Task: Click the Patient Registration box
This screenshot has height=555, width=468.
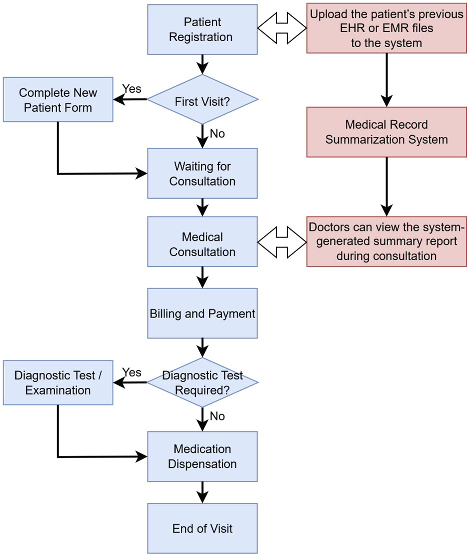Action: (202, 29)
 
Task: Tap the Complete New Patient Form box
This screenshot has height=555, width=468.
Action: (58, 100)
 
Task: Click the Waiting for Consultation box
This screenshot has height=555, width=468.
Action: (202, 173)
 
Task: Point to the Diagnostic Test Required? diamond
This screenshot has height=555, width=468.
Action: (202, 382)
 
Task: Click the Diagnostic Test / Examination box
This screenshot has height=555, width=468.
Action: (58, 383)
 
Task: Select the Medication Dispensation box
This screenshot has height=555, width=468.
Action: (202, 457)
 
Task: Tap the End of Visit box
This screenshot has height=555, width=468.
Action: (202, 528)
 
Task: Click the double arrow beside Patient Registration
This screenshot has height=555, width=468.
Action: (282, 28)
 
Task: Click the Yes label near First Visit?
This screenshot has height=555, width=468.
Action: (132, 89)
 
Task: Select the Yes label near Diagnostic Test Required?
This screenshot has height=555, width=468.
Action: (132, 372)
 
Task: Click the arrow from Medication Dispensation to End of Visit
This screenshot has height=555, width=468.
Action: (202, 492)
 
